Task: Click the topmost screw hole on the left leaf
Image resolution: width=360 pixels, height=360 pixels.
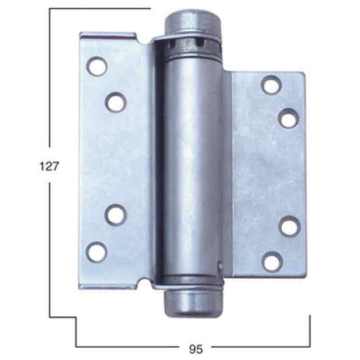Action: [x=97, y=67]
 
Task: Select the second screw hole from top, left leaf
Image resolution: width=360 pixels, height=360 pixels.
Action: [x=115, y=101]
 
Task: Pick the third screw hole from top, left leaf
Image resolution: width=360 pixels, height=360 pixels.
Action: [x=115, y=215]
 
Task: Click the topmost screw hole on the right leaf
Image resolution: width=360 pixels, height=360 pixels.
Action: [x=270, y=84]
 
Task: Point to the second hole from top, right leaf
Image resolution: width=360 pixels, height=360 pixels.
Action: [x=288, y=117]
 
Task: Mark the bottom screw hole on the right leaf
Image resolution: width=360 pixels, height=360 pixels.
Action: [x=270, y=261]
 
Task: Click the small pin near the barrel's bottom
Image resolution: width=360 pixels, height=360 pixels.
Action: [x=218, y=266]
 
